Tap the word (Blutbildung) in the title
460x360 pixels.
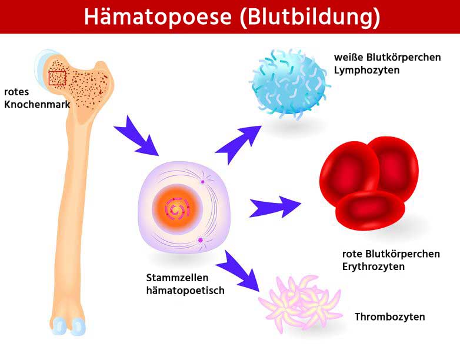(310, 17)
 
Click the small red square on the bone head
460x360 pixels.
(57, 77)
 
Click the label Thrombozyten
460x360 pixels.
(389, 317)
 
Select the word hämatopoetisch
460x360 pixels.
(185, 290)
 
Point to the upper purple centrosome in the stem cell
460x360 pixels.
(202, 182)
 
